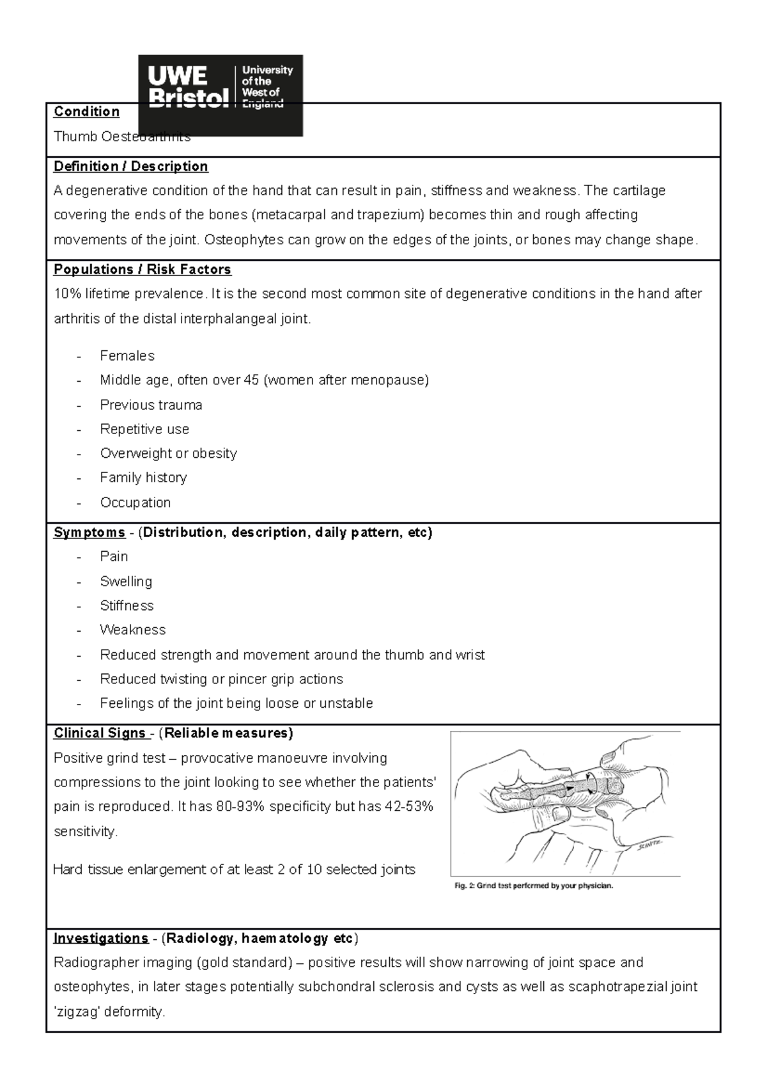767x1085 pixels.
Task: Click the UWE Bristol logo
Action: tap(221, 95)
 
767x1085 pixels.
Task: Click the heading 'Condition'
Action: tap(86, 112)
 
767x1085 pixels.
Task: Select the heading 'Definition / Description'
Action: tap(130, 166)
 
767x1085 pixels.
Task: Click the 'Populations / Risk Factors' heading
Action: tap(142, 269)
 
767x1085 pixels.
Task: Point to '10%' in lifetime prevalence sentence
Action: tap(67, 294)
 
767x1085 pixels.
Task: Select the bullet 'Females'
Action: tap(127, 355)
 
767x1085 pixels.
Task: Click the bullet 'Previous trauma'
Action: tap(151, 405)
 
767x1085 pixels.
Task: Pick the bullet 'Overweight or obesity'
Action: tap(168, 453)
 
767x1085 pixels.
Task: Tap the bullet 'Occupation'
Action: tap(135, 503)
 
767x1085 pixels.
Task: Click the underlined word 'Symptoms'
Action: tap(89, 533)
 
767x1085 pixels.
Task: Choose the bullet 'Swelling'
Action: tap(126, 581)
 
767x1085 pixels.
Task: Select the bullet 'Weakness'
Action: tap(132, 630)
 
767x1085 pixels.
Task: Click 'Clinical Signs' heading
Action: tap(99, 733)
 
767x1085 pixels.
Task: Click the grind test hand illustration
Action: tap(565, 803)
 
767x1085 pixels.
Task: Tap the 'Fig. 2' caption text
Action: tap(533, 886)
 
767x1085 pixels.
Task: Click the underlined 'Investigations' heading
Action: tap(100, 939)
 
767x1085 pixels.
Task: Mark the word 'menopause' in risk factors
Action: tap(392, 380)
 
